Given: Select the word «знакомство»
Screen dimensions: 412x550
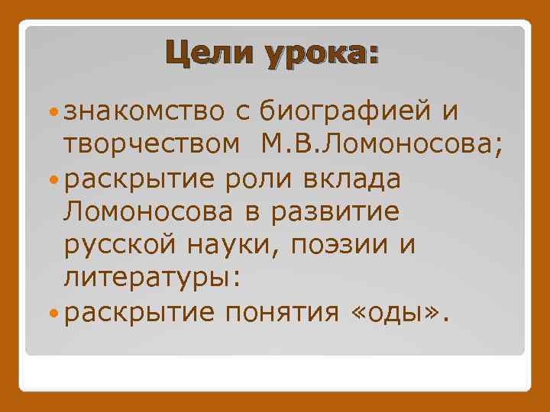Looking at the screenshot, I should click(x=144, y=111).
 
